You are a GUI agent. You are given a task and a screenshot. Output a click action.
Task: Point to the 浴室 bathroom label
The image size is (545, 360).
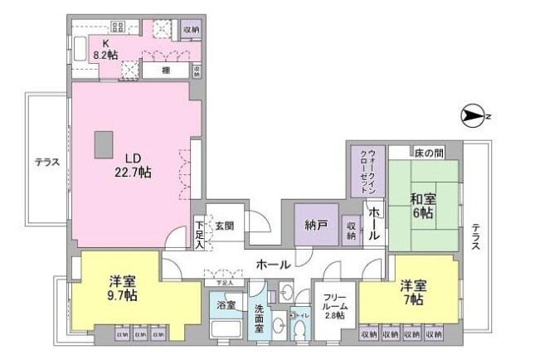(226, 305)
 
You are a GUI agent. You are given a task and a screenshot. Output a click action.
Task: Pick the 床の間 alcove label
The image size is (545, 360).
(431, 153)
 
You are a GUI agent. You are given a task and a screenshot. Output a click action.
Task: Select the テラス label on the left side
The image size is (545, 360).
(46, 162)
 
